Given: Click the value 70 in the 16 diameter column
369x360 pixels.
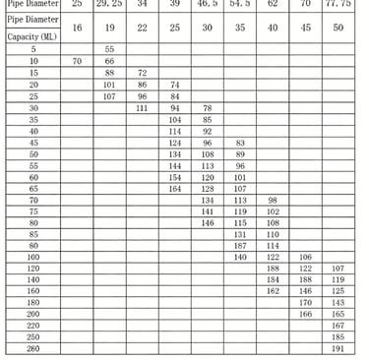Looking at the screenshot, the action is [x=77, y=61].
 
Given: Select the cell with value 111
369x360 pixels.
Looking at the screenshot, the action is [x=142, y=108].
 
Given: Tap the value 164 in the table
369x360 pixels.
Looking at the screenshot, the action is [x=175, y=188].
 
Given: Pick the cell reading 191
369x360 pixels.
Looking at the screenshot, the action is [x=338, y=349].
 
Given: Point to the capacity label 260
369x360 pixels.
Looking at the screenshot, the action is [x=32, y=349].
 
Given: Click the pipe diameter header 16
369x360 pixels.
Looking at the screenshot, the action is [x=77, y=29].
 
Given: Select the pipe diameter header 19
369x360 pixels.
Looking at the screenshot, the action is [x=109, y=29].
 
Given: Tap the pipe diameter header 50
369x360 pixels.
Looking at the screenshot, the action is [x=338, y=29].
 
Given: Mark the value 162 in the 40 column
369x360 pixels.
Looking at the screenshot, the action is [x=273, y=291].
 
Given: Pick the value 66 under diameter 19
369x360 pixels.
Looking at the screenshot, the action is [x=109, y=61].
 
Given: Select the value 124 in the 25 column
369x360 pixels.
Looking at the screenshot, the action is [x=175, y=143].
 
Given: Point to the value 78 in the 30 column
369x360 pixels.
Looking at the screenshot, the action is [x=207, y=108].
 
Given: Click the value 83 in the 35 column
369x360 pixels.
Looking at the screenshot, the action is [x=240, y=143].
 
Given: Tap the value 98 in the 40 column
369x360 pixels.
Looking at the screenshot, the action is [x=273, y=200].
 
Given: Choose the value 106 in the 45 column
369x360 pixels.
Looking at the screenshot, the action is [x=305, y=257].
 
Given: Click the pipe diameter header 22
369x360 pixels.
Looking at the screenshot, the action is [x=142, y=29].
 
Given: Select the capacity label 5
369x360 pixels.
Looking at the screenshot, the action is [x=32, y=49].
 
